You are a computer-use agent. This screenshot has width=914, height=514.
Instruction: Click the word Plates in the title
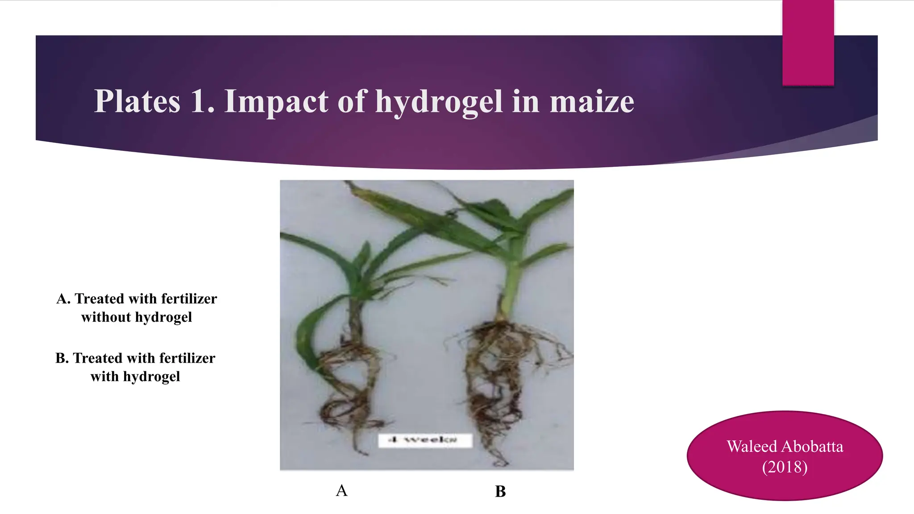pos(137,102)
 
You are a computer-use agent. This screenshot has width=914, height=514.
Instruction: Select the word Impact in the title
pos(276,102)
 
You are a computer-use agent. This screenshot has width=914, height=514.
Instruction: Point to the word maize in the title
pos(591,102)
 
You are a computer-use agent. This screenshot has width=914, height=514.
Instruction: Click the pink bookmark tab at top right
pos(808,42)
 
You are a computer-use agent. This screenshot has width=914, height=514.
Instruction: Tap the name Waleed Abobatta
pos(785,446)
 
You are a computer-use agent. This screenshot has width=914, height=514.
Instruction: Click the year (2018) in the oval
pos(785,467)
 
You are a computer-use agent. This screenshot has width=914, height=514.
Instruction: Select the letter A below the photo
pos(341,490)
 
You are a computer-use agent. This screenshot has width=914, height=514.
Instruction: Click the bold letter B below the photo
pos(500,491)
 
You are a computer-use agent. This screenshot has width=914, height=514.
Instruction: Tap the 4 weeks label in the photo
pos(424,440)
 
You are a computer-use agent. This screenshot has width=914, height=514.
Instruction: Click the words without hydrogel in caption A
pos(137,317)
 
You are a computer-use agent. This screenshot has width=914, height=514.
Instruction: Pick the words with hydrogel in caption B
pos(135,377)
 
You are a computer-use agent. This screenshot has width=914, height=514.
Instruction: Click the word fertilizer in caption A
pos(189,298)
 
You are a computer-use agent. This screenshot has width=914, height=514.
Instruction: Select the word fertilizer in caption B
pos(187,358)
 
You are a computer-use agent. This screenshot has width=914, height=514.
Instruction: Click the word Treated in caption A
pos(99,298)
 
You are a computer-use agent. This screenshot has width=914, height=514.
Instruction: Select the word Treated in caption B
pos(97,358)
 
